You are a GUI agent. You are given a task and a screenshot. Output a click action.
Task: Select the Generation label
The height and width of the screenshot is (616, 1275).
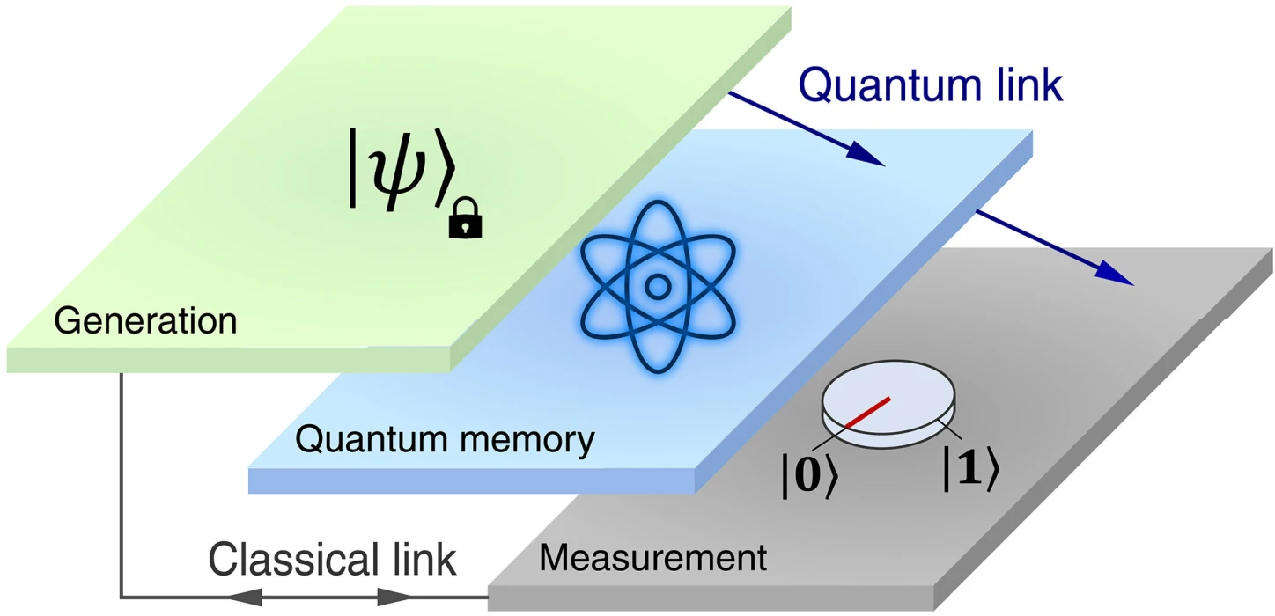tap(145, 321)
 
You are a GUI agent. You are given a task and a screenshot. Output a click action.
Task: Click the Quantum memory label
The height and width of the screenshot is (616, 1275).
tap(445, 439)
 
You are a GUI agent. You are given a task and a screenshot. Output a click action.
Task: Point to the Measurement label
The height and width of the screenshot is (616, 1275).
tap(652, 557)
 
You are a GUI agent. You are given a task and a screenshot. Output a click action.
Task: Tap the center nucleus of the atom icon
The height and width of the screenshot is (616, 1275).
tap(657, 286)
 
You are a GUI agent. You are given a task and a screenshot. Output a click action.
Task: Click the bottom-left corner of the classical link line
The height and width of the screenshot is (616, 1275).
tap(122, 598)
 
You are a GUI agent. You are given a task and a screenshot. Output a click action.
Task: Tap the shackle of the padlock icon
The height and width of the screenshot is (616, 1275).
tap(465, 208)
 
